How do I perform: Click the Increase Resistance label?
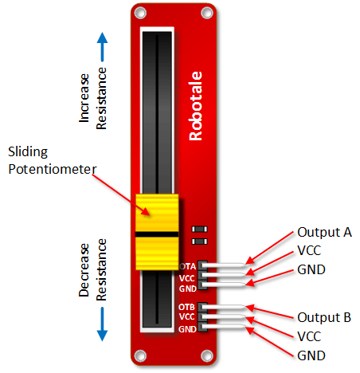click(93, 116)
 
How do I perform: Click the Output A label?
click(324, 233)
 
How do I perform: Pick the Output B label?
click(324, 316)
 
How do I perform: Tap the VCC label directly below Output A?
click(311, 251)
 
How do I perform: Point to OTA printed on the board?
click(188, 266)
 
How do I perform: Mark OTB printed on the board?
click(188, 308)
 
